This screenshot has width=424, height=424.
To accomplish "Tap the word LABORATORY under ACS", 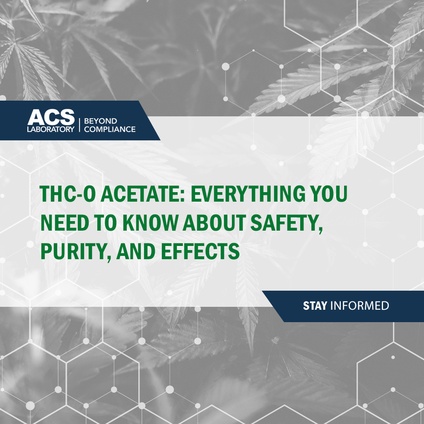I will coord(51,129).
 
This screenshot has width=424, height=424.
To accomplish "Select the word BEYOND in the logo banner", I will coord(100,121).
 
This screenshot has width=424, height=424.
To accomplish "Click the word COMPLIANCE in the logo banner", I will coord(110,129).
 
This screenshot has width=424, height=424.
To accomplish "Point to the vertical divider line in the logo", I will coord(79,124).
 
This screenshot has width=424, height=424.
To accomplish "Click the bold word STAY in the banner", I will coord(315,306).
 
